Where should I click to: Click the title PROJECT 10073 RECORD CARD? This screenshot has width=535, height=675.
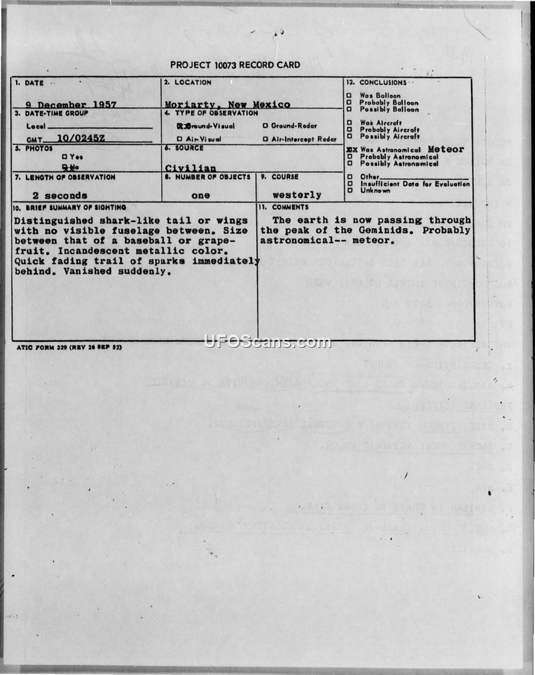pos(235,65)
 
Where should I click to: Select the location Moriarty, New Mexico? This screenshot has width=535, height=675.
pos(227,104)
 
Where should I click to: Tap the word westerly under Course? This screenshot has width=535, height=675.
pos(297,195)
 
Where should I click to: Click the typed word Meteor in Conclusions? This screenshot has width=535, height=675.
pos(445,149)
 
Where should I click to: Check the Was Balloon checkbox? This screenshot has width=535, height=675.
pos(349,96)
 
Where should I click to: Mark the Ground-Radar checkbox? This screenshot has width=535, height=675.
pos(265,126)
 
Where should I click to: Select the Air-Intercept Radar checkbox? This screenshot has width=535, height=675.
pos(265,139)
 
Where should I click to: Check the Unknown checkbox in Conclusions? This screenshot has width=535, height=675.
pos(349,191)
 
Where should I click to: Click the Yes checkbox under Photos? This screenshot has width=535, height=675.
pos(64,157)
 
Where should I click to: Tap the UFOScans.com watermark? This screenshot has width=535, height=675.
pos(267,342)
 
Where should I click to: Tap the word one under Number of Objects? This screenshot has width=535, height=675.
pos(201,195)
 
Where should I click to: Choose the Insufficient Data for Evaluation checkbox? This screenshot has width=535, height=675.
pos(349,184)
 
